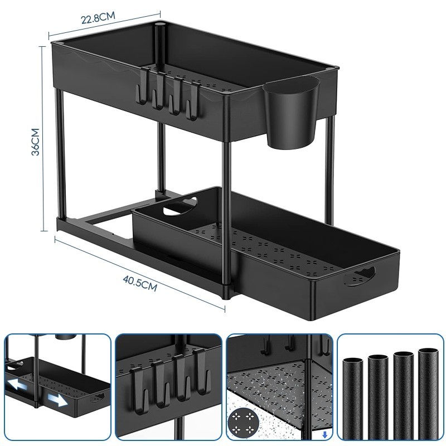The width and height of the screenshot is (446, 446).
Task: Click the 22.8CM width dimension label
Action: point(98,18)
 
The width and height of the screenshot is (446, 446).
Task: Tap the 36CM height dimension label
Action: point(35,142)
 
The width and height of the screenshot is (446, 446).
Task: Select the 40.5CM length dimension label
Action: point(140,283)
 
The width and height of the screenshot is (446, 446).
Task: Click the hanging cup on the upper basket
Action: point(291,113)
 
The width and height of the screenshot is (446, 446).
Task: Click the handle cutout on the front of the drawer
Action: point(359,275)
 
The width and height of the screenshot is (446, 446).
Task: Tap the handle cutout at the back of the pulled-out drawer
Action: point(180,206)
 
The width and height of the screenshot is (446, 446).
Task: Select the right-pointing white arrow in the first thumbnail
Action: point(58,400)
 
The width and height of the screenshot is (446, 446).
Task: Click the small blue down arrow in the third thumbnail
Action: point(324,435)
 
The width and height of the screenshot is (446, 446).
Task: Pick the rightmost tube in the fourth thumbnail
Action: point(428,394)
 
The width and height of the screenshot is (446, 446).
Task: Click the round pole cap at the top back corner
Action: point(159,23)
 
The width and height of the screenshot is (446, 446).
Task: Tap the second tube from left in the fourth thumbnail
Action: point(378,397)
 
